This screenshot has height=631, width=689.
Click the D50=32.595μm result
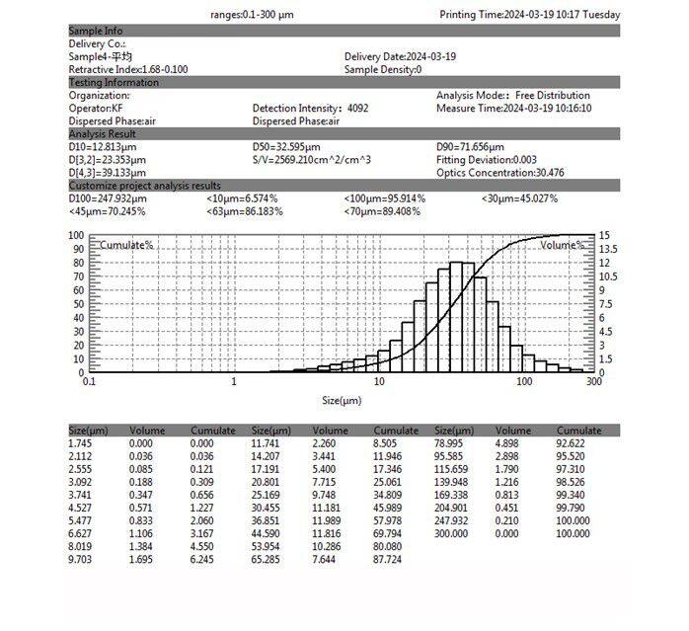click(x=286, y=147)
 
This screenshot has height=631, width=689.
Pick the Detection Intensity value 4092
click(x=358, y=109)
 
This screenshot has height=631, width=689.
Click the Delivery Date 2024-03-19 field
click(x=400, y=57)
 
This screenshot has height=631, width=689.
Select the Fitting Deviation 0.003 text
click(x=487, y=160)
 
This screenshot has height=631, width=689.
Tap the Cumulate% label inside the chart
click(x=127, y=244)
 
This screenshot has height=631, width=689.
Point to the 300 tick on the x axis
click(x=593, y=381)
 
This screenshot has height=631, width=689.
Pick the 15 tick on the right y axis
click(x=605, y=236)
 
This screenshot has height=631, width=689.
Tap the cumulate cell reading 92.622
click(x=574, y=444)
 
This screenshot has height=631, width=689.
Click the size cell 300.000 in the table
click(x=453, y=533)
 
